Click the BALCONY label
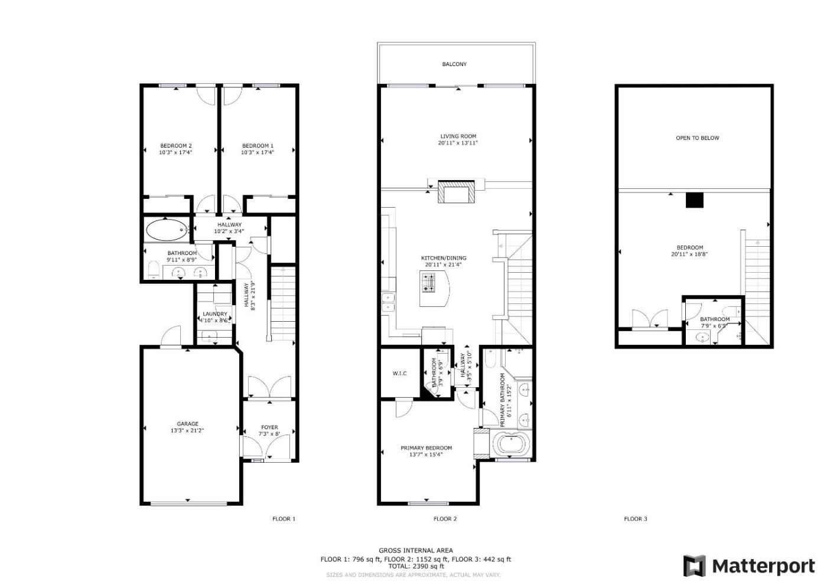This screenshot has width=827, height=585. tap(454, 64)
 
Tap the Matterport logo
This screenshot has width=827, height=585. tap(749, 566)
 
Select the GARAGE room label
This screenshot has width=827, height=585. tap(188, 424)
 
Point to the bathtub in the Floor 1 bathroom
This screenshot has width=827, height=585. tap(167, 230)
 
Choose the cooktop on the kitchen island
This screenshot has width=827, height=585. tap(429, 283)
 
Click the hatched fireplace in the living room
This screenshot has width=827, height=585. tap(456, 192)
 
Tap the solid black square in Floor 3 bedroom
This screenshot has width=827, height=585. tap(695, 200)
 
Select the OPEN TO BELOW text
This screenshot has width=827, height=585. tap(698, 138)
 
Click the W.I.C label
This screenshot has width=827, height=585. tap(399, 373)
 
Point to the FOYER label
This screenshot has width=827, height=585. tap(269, 427)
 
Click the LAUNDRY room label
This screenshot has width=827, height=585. tap(215, 314)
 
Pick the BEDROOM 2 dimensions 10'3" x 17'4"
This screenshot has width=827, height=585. tap(176, 152)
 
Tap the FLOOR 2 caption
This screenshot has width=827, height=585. tap(445, 519)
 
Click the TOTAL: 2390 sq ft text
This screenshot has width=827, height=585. tap(416, 566)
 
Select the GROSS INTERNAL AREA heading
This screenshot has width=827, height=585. tap(416, 550)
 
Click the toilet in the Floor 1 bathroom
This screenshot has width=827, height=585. tap(153, 270)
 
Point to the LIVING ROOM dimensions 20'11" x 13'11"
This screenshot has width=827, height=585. tap(458, 143)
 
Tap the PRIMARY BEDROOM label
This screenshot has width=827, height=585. tap(426, 448)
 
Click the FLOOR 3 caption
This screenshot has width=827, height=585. tap(636, 519)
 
